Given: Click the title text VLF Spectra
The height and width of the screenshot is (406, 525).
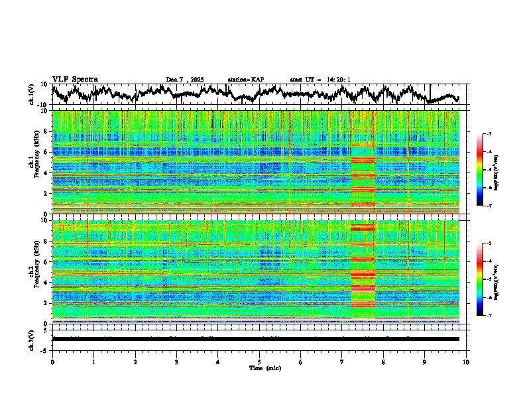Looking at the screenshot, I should [75, 80].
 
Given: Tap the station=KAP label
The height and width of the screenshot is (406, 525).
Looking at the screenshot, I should [245, 80].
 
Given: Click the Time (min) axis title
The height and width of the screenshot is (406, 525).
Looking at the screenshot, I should [263, 368].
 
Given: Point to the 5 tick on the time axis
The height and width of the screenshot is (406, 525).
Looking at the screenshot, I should [259, 362].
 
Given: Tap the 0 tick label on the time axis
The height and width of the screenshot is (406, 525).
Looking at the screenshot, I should [52, 362].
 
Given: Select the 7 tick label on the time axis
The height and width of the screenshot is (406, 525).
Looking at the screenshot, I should [342, 362].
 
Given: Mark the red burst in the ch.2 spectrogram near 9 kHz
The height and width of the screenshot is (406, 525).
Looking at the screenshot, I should [363, 228].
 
